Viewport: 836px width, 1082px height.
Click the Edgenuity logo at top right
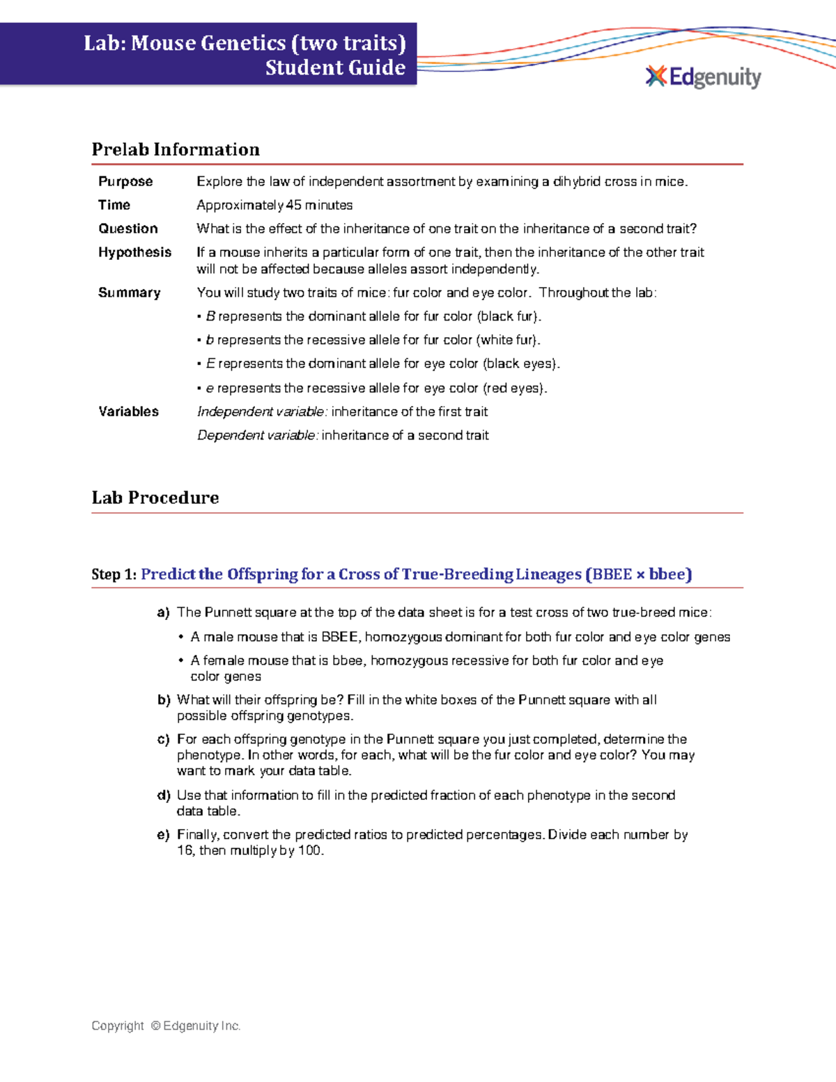(x=704, y=77)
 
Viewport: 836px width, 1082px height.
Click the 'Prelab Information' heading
(x=176, y=150)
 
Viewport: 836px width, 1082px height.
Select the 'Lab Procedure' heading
(x=155, y=497)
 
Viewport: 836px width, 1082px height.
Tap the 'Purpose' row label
(x=125, y=182)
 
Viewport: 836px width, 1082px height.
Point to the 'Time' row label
(x=114, y=205)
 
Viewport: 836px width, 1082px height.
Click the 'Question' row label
(x=128, y=229)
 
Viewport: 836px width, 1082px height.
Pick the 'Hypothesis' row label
(x=134, y=252)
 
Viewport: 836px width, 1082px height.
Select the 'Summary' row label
(x=129, y=293)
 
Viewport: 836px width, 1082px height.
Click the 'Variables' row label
(x=128, y=412)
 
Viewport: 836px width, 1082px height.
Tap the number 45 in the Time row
(x=294, y=206)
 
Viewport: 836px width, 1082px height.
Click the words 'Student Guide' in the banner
(x=335, y=68)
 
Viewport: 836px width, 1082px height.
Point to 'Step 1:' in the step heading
(x=114, y=575)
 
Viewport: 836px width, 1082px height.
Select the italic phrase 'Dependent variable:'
(x=258, y=435)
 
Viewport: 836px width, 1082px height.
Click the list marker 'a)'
(x=163, y=613)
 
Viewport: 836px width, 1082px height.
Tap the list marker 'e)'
(x=163, y=835)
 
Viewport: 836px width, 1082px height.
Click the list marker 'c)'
(x=163, y=740)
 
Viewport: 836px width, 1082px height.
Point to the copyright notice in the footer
(x=166, y=1026)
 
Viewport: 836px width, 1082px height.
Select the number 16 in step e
(x=185, y=851)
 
